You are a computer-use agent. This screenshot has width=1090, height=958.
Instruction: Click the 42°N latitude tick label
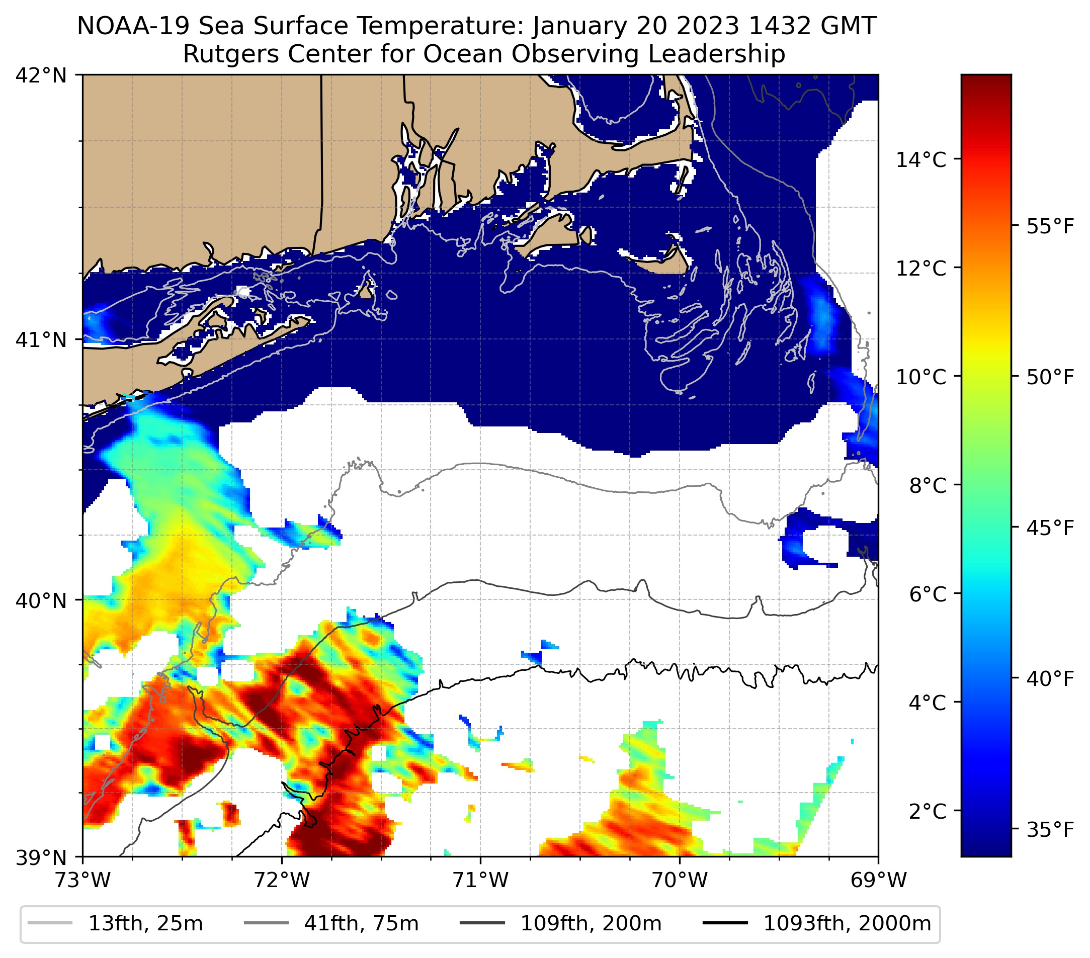[x=41, y=76]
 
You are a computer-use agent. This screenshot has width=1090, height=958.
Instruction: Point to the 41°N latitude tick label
[x=41, y=339]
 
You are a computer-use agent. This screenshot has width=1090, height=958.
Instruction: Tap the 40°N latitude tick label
[x=41, y=601]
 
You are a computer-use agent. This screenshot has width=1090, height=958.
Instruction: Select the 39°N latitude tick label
[x=41, y=858]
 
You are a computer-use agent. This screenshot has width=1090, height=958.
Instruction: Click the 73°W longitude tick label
[x=82, y=881]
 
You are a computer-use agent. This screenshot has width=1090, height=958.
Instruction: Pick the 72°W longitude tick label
[x=282, y=881]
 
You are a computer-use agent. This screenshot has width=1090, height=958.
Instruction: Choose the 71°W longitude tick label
[x=480, y=881]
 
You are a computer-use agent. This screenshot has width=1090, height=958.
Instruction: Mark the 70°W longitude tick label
[x=680, y=881]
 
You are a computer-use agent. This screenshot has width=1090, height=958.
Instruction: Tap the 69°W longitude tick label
[x=878, y=881]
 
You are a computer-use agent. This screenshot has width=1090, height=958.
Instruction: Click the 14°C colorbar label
[x=921, y=159]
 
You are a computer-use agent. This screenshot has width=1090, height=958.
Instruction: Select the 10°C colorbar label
[x=921, y=377]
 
